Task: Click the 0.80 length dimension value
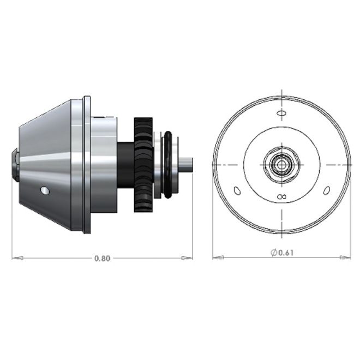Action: pos(103,259)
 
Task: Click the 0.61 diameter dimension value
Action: pos(286,253)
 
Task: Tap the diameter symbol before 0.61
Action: pos(274,253)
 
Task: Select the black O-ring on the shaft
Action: pos(168,164)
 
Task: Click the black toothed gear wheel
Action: pos(143,165)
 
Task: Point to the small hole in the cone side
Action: pos(45,190)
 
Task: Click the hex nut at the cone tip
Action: pos(15,165)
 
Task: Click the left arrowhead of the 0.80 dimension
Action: pos(17,259)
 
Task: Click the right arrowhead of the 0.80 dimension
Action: pos(187,259)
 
